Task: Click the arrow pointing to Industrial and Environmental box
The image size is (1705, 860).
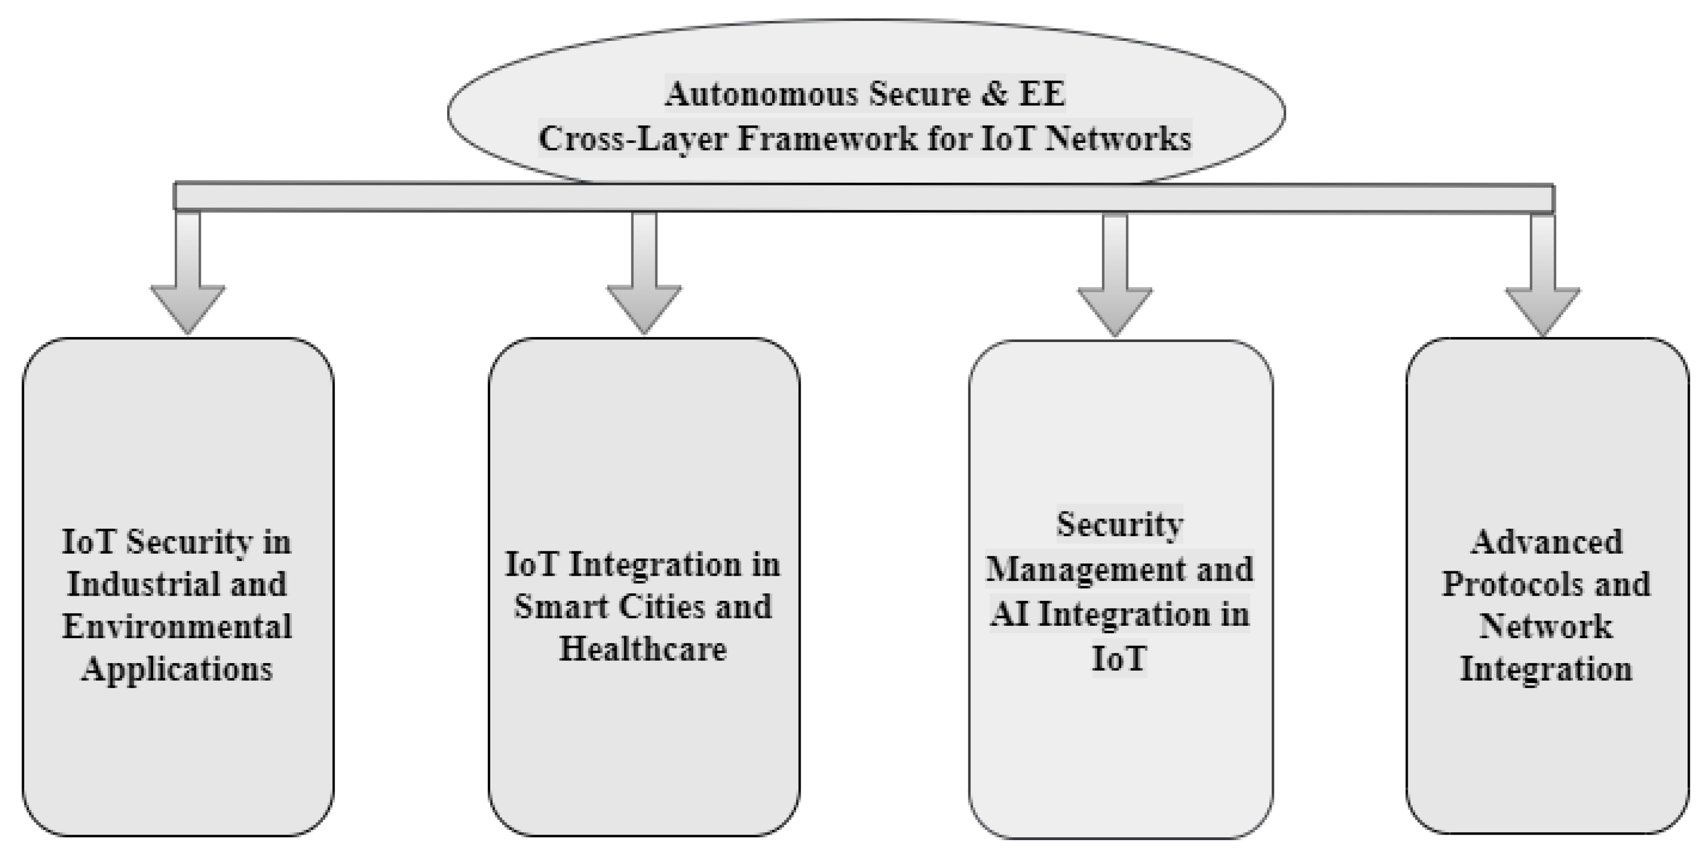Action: pos(187,278)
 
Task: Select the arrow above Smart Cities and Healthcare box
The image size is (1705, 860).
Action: pos(644,278)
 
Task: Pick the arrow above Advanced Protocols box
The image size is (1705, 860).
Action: pos(1542,281)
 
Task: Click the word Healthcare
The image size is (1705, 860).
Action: pos(643,648)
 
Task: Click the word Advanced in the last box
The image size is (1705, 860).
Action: pos(1547,542)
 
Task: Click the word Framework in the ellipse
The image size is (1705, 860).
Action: pos(827,139)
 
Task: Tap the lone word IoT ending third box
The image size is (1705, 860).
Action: pos(1118,659)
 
